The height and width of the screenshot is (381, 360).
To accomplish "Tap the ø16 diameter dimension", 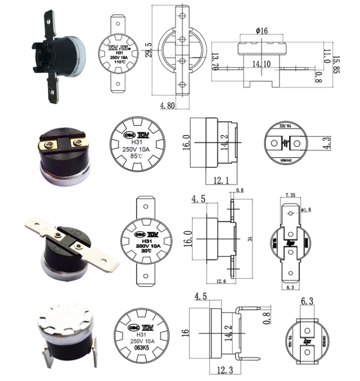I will coord(262,31).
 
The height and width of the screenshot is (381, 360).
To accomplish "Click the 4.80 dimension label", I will coord(168,106).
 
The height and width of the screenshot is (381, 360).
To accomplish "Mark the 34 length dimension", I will coord(249,239).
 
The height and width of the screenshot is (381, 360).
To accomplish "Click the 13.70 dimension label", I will coord(215,63).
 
